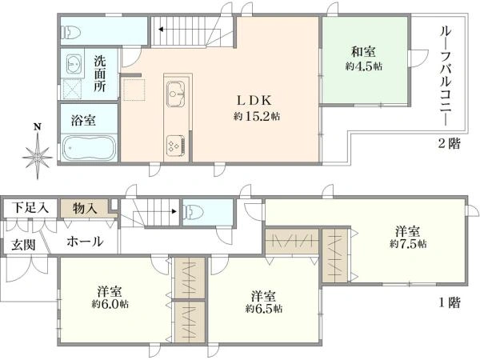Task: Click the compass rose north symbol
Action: pos(38,153)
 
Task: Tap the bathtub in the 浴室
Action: pos(90,149)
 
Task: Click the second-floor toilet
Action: pos(71,32)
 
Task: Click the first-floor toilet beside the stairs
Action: pos(193,212)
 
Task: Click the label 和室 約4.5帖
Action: pos(364,58)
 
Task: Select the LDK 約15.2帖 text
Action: pos(257,108)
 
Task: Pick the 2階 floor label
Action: pos(449,143)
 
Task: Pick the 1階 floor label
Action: pos(450,302)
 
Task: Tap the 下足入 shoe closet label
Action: pos(30,208)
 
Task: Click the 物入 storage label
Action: pos(85,209)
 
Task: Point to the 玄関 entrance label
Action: pos(23,245)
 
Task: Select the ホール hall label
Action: pos(85,242)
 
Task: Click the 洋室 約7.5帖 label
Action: pos(408,238)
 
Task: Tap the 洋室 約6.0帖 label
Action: pos(110,298)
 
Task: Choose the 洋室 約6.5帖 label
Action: pos(263,302)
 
